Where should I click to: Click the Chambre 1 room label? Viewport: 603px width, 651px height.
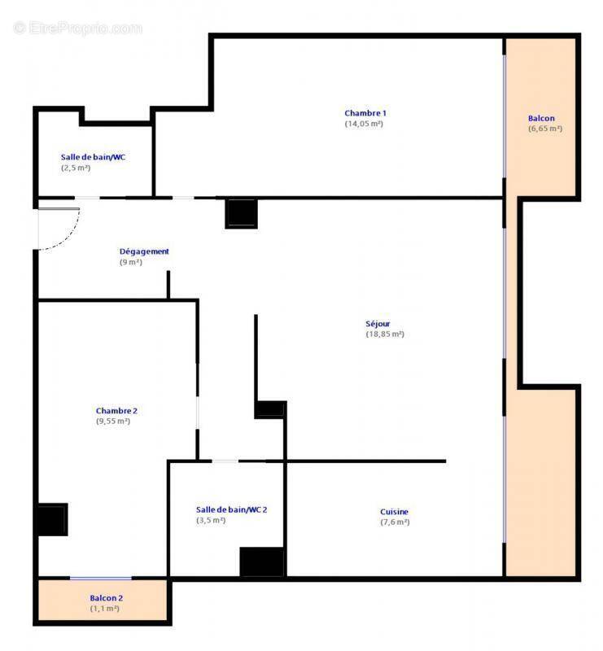pos(365,113)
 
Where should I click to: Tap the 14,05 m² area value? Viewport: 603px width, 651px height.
pos(364,124)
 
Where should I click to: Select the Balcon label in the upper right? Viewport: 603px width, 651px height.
pos(541,118)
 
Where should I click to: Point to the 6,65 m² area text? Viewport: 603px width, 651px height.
pos(545,129)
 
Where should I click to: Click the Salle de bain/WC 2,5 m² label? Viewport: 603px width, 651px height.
pos(93,157)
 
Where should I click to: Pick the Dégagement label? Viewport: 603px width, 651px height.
pos(144,251)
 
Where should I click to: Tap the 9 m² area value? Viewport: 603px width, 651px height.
pos(130,262)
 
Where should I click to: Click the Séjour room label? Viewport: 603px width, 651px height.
pos(378,324)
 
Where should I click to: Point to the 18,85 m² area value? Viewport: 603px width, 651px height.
pos(385,334)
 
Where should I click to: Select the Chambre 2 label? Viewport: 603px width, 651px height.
pos(116,411)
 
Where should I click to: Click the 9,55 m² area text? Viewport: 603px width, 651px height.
pos(113,422)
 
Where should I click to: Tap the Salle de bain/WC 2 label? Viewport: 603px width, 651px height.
pos(231,509)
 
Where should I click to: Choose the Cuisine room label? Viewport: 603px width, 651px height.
pos(395,512)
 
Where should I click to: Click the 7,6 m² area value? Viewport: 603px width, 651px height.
pos(395,522)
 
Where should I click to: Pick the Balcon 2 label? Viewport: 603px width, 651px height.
pos(107,598)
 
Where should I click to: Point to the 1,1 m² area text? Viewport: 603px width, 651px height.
pos(104,609)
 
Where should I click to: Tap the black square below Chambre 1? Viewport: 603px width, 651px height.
pos(242,213)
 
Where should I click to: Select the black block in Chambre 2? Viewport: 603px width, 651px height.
pos(52,520)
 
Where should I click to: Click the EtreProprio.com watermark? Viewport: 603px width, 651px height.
pos(78,28)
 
